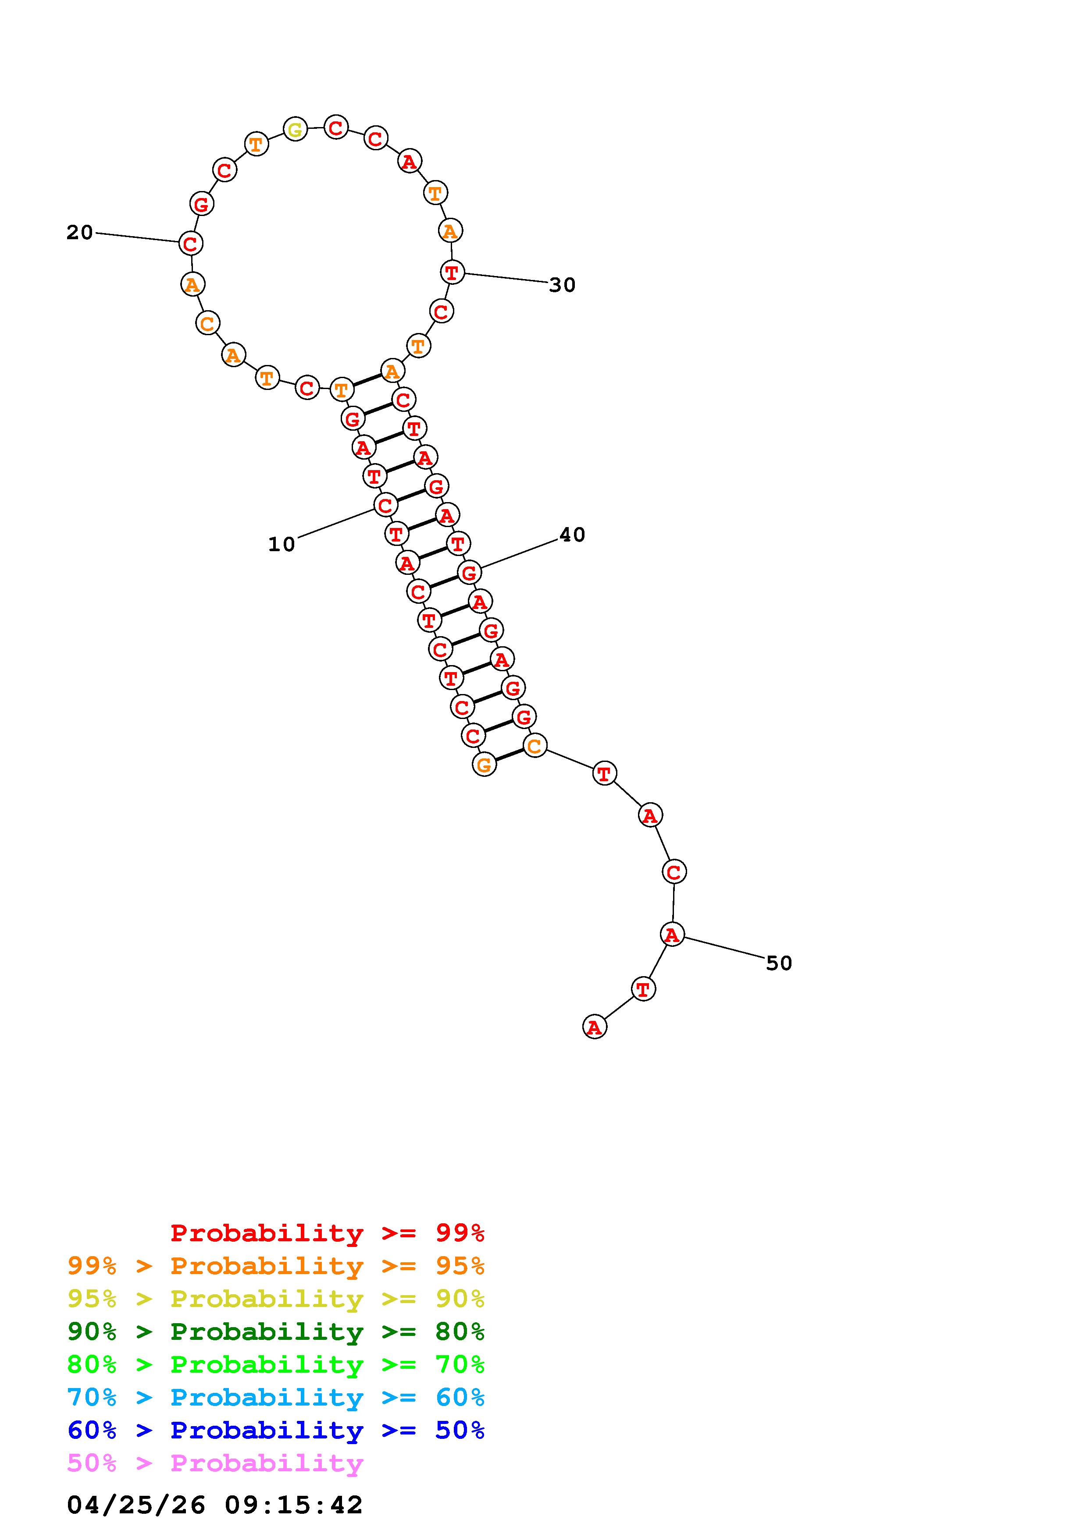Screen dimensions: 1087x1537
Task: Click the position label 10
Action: [x=282, y=544]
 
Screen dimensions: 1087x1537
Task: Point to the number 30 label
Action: [x=562, y=285]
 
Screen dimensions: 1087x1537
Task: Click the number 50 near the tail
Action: [x=779, y=963]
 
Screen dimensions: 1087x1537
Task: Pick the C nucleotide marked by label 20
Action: [x=191, y=243]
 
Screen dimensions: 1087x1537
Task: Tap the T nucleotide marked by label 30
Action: [x=452, y=273]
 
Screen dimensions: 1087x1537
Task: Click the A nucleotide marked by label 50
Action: [x=673, y=934]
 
